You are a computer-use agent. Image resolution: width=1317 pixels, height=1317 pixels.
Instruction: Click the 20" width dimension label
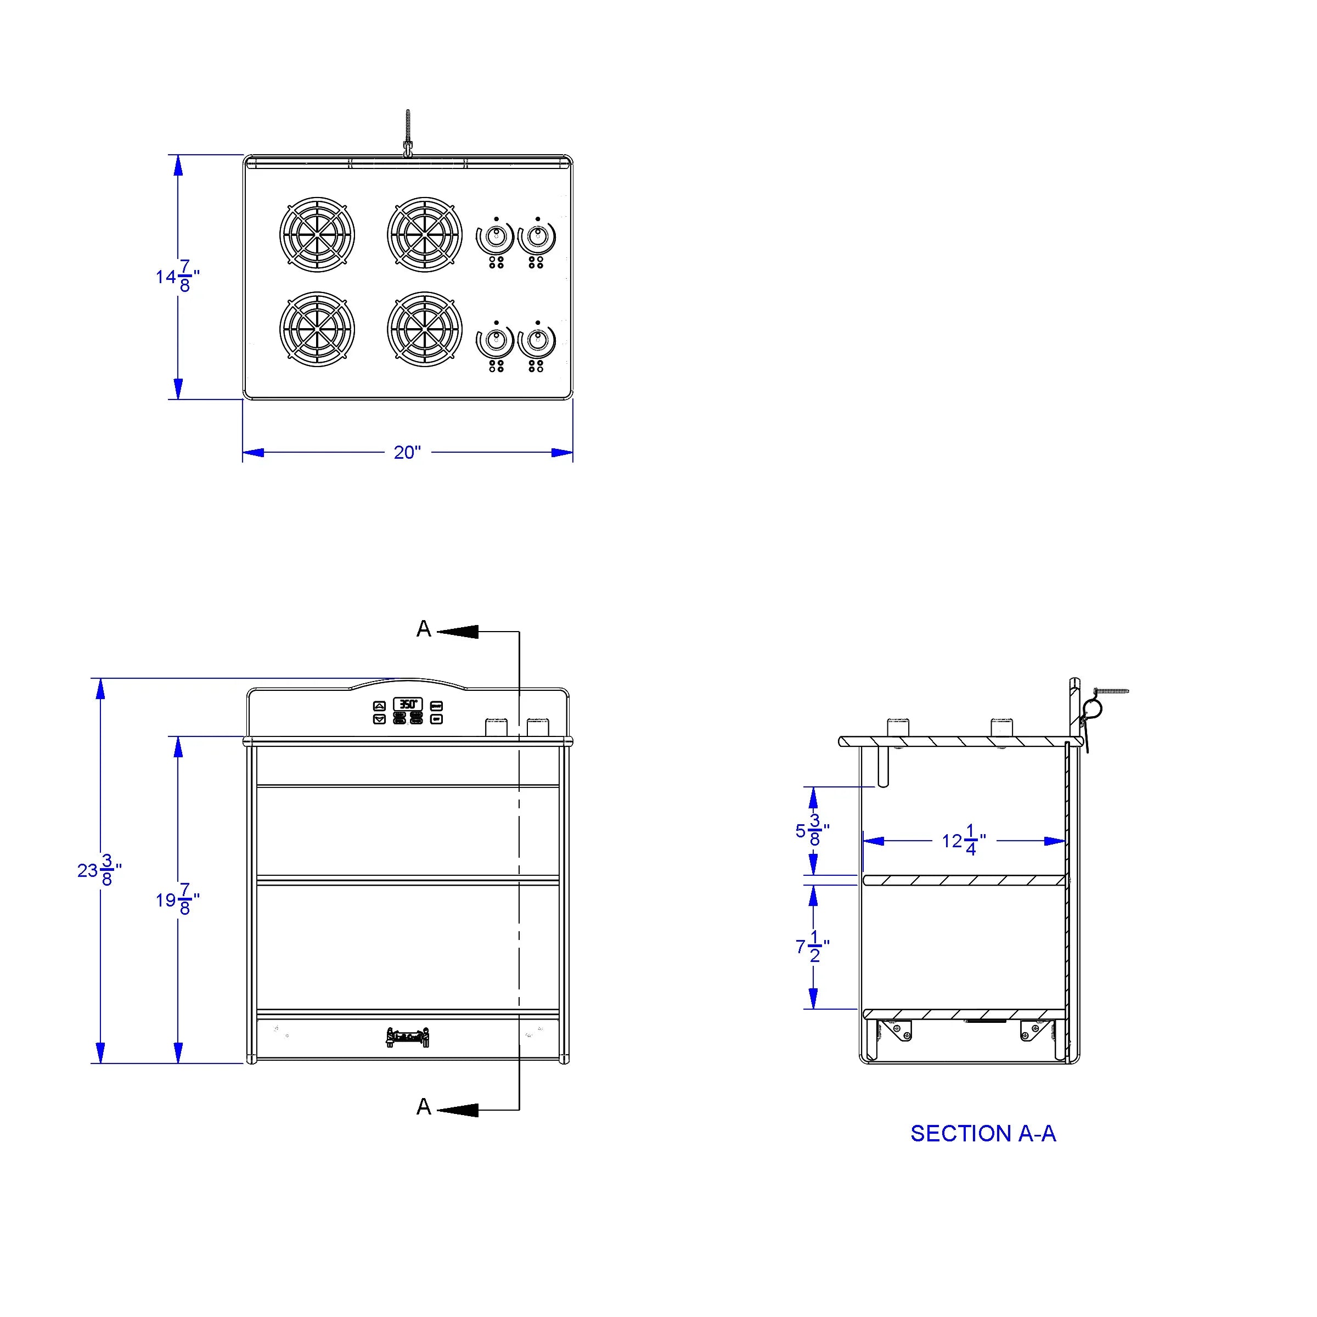click(x=407, y=453)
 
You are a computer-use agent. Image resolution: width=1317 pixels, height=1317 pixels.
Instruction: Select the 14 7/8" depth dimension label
click(x=177, y=276)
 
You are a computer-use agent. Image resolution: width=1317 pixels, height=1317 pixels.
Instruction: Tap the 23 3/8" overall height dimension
click(x=99, y=870)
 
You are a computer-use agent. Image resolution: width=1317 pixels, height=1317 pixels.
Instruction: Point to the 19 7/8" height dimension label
click(x=177, y=900)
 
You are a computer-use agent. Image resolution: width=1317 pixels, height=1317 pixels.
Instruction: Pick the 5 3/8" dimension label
click(x=812, y=830)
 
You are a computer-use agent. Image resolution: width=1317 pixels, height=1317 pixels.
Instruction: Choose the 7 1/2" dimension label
click(x=812, y=947)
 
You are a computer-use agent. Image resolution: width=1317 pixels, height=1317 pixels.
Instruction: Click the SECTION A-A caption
click(x=983, y=1134)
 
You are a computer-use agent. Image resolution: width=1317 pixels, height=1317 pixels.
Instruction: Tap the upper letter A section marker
click(x=424, y=628)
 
